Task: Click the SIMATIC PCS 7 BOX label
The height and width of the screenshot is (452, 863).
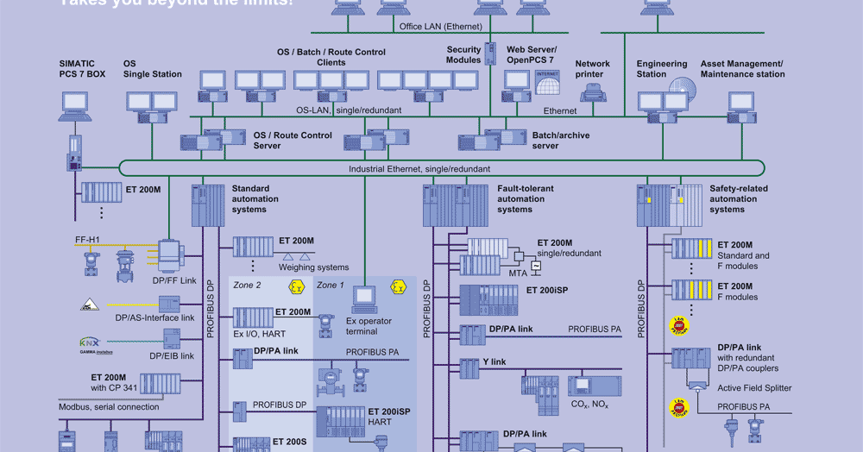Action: pos(82,69)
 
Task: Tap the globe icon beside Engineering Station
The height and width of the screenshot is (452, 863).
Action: pos(682,91)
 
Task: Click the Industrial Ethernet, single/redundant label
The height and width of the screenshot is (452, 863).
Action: pos(419,170)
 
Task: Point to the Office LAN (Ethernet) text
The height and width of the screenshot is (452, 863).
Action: pos(440,27)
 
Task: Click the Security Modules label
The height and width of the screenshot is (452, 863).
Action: pos(463,55)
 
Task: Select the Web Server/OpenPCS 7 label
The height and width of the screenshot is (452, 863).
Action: pos(531,55)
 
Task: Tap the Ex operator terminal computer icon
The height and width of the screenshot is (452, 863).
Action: pos(363,298)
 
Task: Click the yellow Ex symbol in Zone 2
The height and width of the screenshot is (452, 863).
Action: pos(297,286)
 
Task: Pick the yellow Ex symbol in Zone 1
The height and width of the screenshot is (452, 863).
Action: pos(398,286)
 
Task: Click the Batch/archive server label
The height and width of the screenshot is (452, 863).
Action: pos(561,141)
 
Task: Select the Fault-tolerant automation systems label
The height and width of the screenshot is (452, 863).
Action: pos(526,198)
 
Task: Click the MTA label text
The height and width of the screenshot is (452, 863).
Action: pos(518,273)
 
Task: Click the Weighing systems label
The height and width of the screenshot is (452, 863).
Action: pos(314,267)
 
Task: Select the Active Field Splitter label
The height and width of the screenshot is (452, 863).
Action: pos(753,388)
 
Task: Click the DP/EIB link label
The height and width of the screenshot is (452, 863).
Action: pos(172,355)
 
